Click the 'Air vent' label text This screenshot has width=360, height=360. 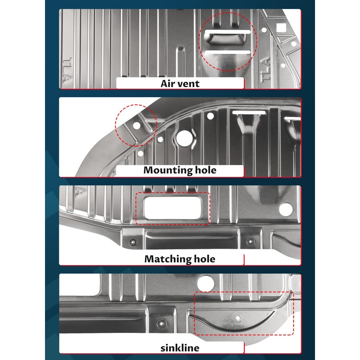180,83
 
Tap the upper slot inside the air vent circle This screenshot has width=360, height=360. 228,33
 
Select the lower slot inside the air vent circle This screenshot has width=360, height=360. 228,53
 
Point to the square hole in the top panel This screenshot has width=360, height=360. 282,27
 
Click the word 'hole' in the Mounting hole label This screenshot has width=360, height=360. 205,170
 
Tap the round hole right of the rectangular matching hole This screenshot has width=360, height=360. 285,209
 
